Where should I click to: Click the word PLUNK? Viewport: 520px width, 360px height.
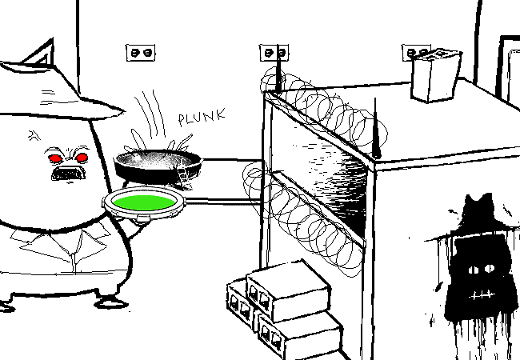pyautogui.click(x=202, y=118)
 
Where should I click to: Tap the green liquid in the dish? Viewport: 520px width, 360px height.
pyautogui.click(x=143, y=202)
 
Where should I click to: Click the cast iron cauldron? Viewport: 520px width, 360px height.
pyautogui.click(x=158, y=166)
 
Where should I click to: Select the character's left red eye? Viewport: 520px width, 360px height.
pyautogui.click(x=55, y=158)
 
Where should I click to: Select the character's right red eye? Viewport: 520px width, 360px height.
pyautogui.click(x=82, y=158)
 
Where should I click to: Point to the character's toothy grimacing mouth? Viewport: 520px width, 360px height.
pyautogui.click(x=68, y=174)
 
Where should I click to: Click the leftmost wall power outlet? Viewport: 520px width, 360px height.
pyautogui.click(x=141, y=53)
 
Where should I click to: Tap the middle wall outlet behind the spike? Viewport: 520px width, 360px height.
pyautogui.click(x=274, y=53)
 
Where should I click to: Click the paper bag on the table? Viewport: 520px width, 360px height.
pyautogui.click(x=436, y=75)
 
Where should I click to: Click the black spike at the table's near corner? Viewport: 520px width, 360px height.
pyautogui.click(x=376, y=128)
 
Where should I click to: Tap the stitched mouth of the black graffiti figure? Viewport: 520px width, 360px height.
pyautogui.click(x=481, y=294)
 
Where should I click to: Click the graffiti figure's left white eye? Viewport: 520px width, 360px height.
pyautogui.click(x=474, y=270)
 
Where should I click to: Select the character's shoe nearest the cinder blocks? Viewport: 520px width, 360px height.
pyautogui.click(x=111, y=302)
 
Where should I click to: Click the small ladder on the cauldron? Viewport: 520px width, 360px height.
pyautogui.click(x=184, y=178)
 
